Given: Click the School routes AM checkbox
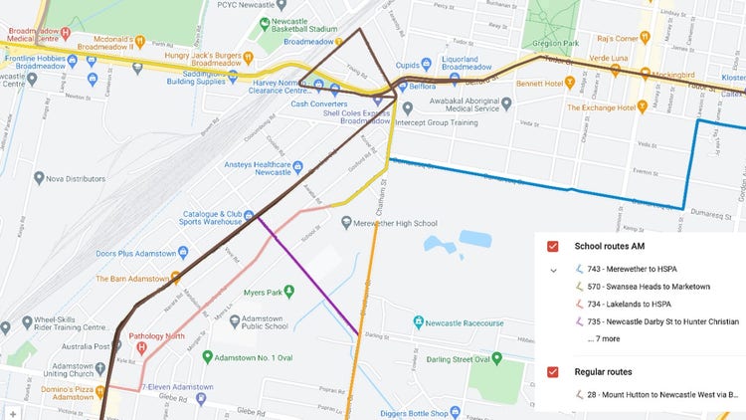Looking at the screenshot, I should tap(553, 246).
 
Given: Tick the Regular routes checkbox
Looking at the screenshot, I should tap(553, 371).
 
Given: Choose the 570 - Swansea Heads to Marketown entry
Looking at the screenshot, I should tap(649, 287).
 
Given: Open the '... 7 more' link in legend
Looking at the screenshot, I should tap(604, 338).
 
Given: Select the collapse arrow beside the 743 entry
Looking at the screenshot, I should tap(554, 270).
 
